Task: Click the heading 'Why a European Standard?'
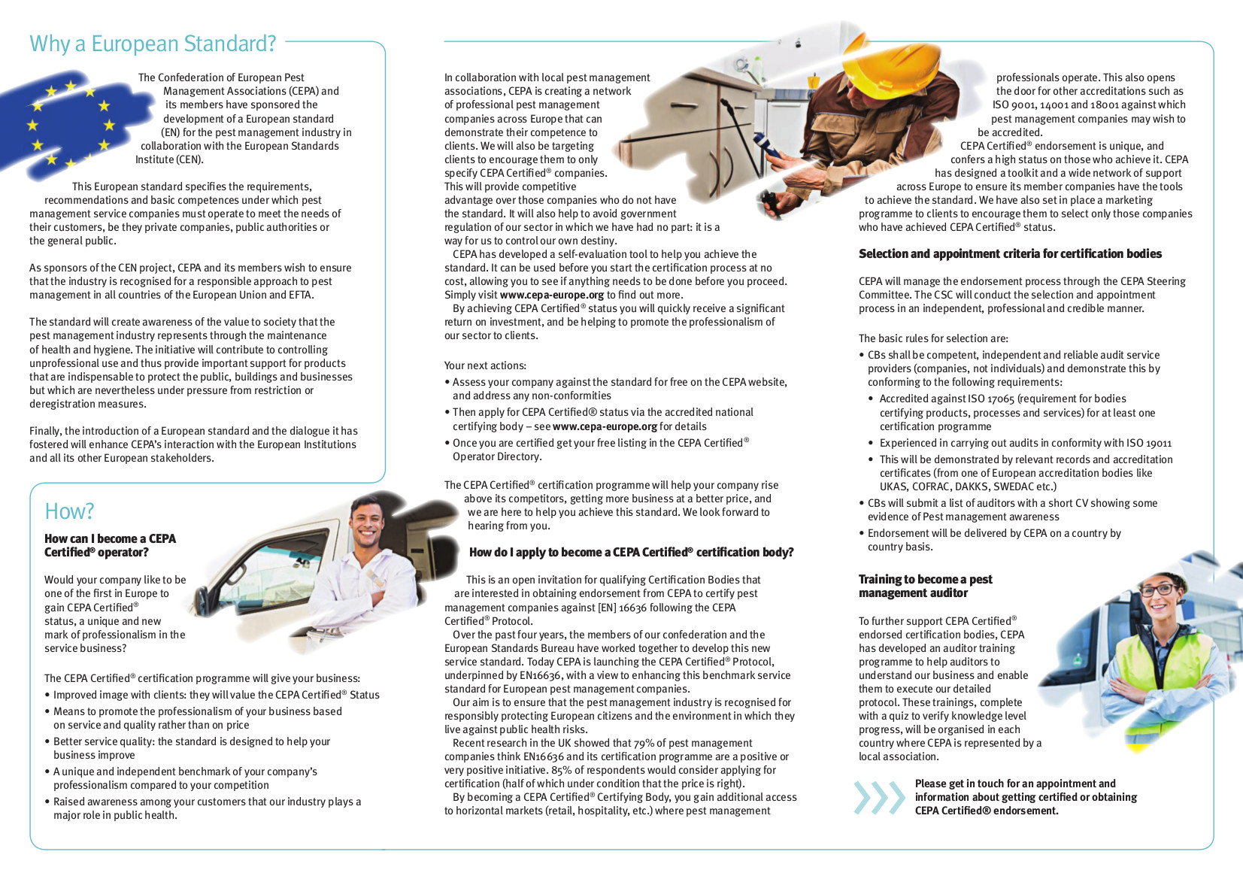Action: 153,44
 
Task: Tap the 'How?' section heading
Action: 69,511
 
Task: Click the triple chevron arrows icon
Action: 879,798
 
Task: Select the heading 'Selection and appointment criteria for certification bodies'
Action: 1010,254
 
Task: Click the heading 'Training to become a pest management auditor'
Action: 925,586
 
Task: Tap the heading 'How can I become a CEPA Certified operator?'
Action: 110,545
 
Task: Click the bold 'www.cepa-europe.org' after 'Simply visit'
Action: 551,295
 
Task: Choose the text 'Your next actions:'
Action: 485,365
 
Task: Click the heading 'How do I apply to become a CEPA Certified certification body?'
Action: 631,552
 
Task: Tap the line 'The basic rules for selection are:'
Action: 933,338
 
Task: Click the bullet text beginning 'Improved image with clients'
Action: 216,695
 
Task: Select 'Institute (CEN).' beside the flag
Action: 169,159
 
